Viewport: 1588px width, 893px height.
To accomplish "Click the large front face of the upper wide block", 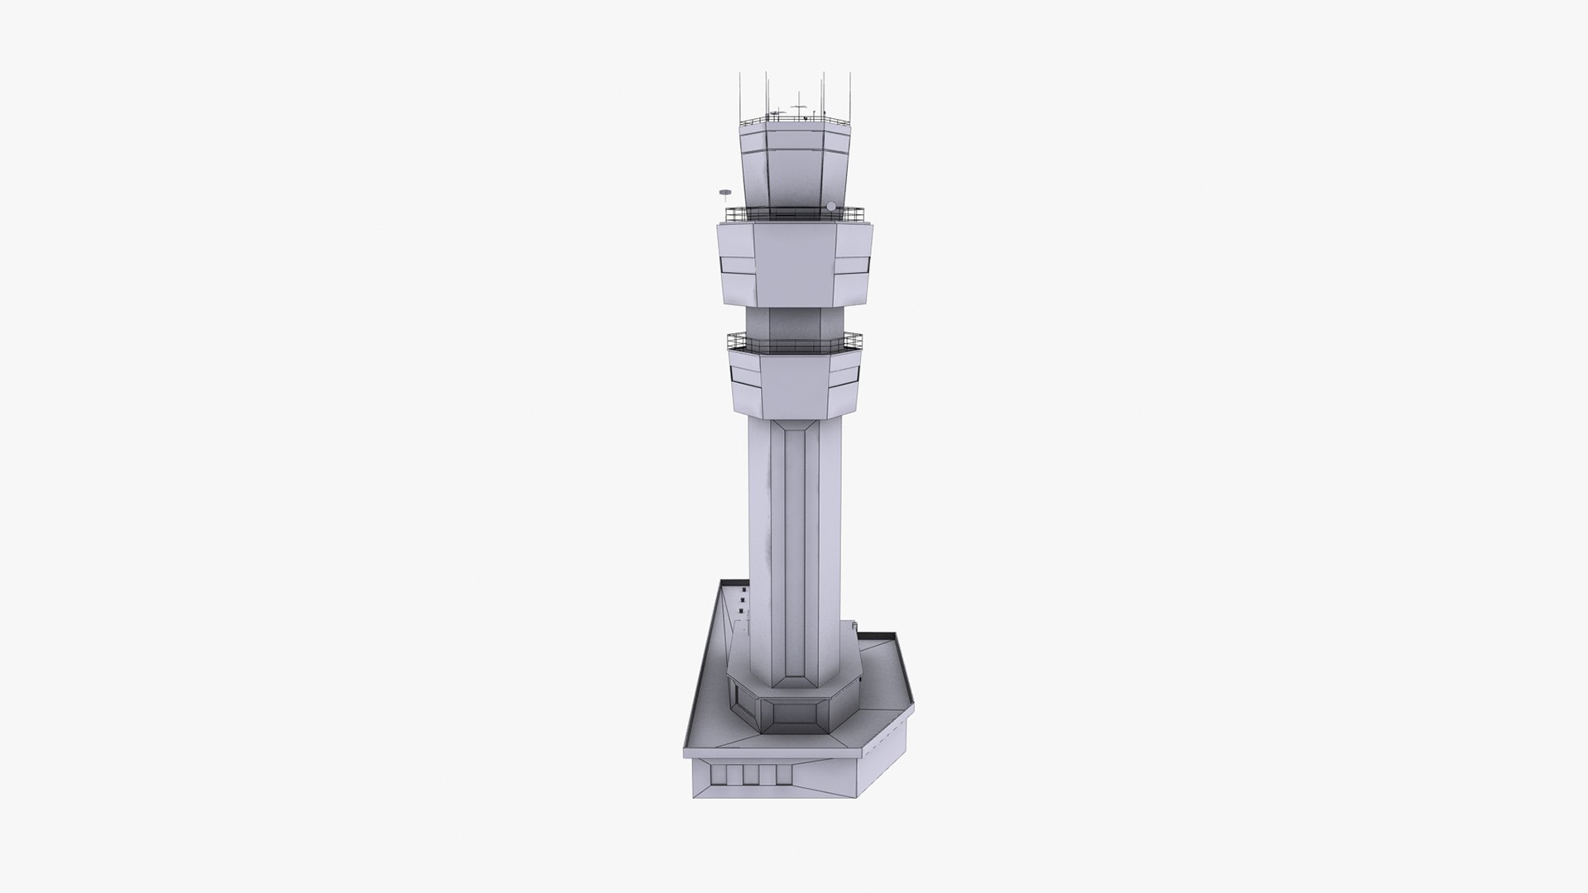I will [x=794, y=265].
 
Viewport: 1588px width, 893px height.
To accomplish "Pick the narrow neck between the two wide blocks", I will [x=794, y=322].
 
